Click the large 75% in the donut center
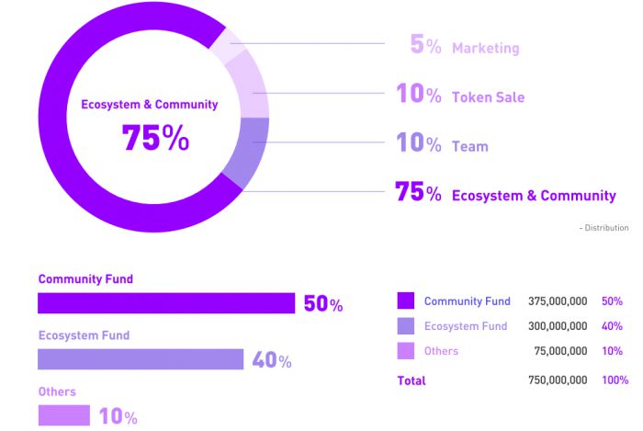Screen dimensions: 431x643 (155, 138)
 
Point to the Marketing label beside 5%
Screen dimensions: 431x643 (485, 48)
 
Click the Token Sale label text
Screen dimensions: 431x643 (488, 96)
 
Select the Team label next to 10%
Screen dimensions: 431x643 (469, 146)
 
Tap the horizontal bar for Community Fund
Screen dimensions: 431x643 (165, 303)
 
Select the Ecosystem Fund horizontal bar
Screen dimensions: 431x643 (140, 358)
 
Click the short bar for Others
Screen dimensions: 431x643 (63, 415)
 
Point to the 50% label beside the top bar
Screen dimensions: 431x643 (322, 304)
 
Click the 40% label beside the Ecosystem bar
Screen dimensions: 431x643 (271, 360)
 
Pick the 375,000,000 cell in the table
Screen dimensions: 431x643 (558, 301)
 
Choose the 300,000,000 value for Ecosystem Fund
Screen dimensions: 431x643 (558, 326)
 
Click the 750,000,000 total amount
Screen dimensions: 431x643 (558, 380)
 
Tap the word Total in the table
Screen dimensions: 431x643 (411, 380)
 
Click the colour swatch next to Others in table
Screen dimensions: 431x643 (405, 351)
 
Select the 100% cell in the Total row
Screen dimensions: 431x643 (615, 380)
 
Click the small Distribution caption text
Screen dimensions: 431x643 (605, 228)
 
